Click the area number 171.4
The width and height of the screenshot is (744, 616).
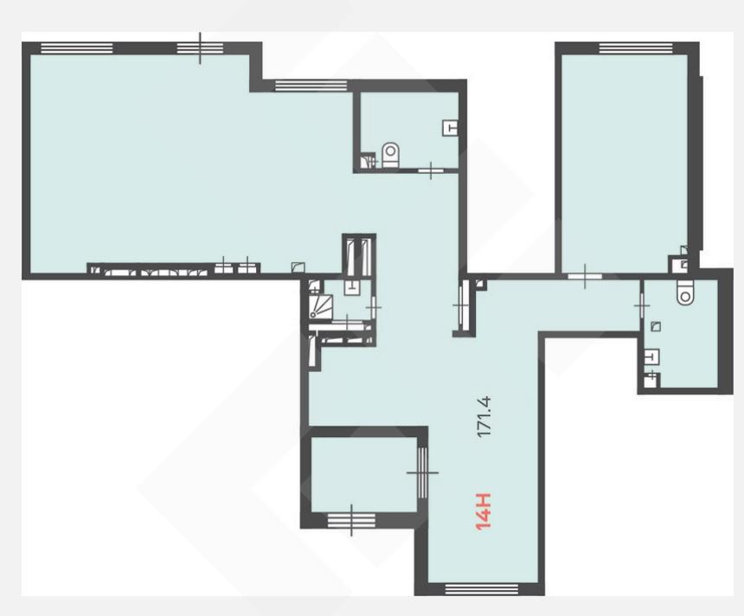pos(484,416)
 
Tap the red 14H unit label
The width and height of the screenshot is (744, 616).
pos(484,511)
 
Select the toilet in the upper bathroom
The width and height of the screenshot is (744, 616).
pos(390,155)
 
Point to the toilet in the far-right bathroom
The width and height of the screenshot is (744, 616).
pos(684,292)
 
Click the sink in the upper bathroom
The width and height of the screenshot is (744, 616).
pos(450,128)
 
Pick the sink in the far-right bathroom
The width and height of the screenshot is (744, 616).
pos(651,356)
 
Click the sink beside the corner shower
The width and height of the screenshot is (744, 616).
pos(351,286)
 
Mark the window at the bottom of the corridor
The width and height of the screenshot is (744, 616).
pos(482,589)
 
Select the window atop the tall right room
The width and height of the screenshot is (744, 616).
pos(636,48)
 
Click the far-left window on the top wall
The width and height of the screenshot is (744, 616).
pos(77,48)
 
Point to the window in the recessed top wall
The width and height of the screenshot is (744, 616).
pos(311,86)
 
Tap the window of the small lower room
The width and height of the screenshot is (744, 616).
pos(351,520)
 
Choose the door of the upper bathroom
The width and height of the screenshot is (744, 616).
pos(431,170)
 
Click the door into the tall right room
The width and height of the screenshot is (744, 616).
pos(585,276)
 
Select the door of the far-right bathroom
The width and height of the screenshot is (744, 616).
pos(642,306)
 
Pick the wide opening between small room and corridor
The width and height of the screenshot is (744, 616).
pos(422,472)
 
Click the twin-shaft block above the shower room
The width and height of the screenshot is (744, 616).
pos(359,255)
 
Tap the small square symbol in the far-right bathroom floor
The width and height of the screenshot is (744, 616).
pos(657,326)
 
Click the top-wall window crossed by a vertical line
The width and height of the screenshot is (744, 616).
pos(200,48)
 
